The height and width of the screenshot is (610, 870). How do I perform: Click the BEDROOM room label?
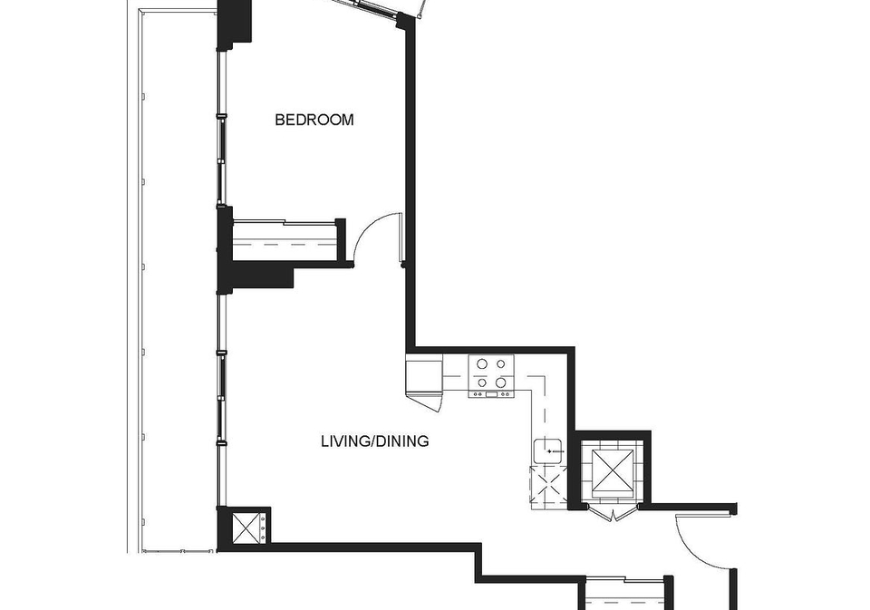coord(314,120)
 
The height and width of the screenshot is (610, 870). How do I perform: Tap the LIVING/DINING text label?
coord(374,441)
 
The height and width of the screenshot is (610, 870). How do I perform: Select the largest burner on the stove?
coord(500,382)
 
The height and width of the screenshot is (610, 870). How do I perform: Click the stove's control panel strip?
coord(491,394)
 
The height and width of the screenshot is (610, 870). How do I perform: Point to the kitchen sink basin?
coord(549,450)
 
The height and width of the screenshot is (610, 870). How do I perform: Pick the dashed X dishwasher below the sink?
coord(549,487)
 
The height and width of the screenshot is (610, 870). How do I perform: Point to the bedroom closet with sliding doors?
coord(285,240)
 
